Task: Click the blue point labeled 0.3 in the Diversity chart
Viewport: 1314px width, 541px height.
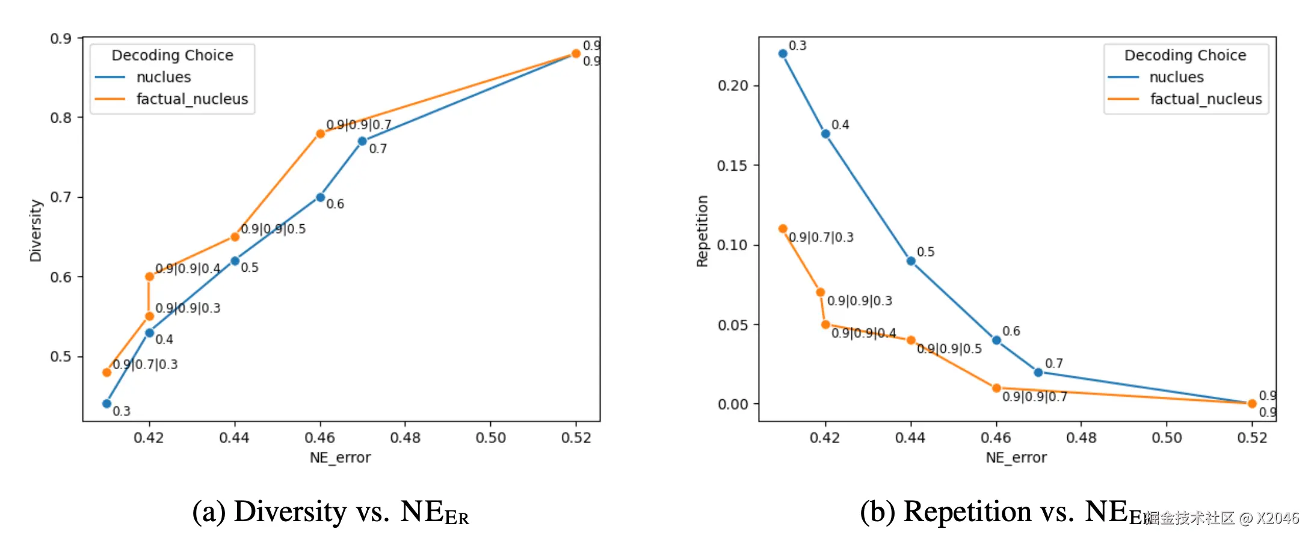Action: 106,403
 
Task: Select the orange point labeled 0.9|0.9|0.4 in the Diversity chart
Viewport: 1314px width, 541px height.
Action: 149,277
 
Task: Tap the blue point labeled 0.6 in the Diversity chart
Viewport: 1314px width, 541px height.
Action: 320,197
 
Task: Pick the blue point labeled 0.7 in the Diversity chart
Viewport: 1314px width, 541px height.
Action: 362,141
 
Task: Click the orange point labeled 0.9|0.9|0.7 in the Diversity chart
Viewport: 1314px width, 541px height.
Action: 320,133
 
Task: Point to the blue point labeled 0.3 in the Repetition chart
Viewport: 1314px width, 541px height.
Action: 783,53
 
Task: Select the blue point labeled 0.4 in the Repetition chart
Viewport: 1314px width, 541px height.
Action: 825,133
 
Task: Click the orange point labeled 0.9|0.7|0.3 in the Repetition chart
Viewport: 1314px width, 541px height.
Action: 783,228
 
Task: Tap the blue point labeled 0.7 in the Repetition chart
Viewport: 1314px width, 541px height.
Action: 1038,372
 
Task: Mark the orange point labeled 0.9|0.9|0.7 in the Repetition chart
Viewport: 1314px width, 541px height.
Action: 996,388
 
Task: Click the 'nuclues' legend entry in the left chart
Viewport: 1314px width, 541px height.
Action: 163,78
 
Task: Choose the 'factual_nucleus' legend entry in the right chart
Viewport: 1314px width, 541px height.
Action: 1206,99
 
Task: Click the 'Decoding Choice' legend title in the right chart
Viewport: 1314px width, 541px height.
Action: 1185,55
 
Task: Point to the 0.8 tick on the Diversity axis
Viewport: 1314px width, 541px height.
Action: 61,118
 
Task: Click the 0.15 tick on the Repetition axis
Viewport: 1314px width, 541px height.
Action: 732,165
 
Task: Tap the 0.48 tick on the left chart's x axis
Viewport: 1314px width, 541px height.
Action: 405,438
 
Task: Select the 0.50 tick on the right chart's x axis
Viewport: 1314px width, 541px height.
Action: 1167,438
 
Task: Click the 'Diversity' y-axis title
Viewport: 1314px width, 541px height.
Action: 36,231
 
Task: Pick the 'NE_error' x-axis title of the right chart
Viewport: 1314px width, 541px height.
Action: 1016,458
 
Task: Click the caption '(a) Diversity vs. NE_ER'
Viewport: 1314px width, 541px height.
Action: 330,512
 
